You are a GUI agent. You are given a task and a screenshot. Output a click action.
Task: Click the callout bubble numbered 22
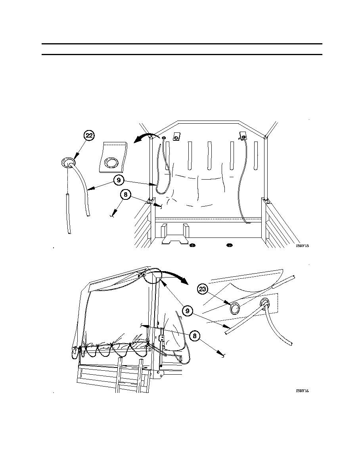(89, 136)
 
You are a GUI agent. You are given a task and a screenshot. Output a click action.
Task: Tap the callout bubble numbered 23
(202, 290)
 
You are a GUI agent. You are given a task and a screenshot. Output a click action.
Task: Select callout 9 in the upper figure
(118, 180)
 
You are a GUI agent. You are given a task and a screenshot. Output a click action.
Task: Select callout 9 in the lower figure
(187, 311)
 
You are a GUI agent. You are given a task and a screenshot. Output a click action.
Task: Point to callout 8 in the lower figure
(194, 336)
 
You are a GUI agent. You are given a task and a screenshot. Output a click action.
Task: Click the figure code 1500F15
(302, 246)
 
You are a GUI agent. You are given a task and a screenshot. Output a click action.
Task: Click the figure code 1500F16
(302, 391)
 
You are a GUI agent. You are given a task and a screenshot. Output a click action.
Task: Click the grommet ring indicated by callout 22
(69, 163)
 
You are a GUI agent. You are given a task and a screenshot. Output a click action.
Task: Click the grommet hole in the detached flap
(111, 163)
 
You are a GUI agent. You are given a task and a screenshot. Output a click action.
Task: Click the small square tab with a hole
(177, 136)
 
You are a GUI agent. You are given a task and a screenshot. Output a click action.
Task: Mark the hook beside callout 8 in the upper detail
(112, 215)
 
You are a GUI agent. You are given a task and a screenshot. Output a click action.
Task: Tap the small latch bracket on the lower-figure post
(162, 338)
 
